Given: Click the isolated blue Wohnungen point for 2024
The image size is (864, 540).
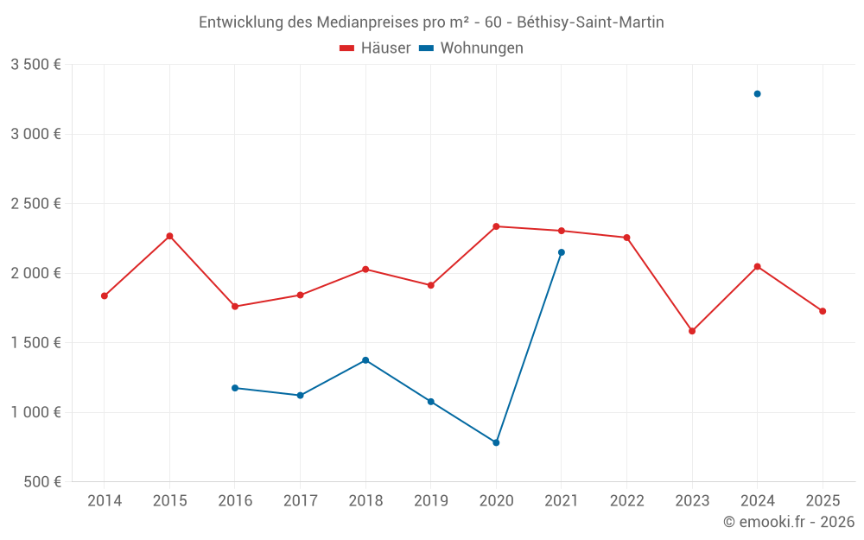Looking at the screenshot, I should (757, 93).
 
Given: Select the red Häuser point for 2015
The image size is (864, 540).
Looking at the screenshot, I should (169, 236).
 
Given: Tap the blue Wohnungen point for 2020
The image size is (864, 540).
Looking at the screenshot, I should (496, 442).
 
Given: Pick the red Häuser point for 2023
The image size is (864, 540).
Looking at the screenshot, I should (692, 331).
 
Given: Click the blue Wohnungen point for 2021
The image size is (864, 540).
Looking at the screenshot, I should (562, 252).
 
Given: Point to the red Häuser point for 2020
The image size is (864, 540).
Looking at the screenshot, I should (496, 226).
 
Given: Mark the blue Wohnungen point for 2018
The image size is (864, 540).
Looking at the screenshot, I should (365, 359).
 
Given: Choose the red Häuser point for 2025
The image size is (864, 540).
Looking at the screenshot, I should (823, 311).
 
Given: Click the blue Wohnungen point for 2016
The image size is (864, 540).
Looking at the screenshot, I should (235, 388).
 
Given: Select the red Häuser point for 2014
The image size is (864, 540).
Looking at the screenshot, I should (105, 295).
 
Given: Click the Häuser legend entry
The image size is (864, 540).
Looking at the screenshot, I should (375, 48).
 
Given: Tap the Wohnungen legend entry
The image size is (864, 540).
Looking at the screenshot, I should (472, 48).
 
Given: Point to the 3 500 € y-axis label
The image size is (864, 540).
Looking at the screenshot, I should (35, 65).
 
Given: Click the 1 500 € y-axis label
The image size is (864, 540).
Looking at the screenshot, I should (35, 343).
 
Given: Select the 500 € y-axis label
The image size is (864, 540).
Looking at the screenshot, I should (41, 482).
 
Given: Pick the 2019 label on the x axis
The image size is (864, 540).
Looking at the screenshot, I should (430, 501).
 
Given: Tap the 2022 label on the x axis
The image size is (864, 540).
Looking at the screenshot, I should (626, 501).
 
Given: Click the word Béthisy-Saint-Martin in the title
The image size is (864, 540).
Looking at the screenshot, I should (590, 22).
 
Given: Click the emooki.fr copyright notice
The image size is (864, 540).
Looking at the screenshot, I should (789, 522).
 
